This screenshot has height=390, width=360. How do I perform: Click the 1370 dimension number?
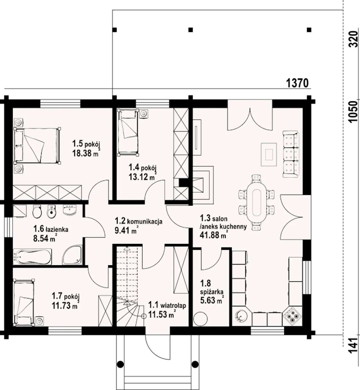(297, 83)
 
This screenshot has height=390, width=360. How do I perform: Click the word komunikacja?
(145, 222)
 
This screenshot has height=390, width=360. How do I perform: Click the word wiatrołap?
(173, 306)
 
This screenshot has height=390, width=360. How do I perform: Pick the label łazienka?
(57, 229)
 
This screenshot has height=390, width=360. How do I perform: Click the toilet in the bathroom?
(37, 211)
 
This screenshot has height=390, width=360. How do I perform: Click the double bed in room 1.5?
(37, 146)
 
